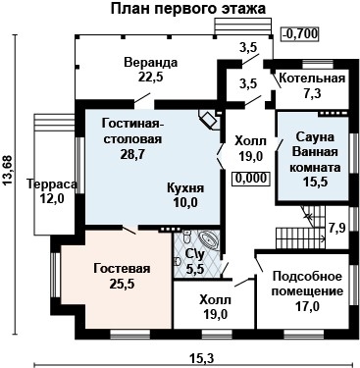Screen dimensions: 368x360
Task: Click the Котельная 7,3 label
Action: (311, 85)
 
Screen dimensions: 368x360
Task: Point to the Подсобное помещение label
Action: (307, 291)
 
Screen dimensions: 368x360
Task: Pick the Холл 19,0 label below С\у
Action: (215, 307)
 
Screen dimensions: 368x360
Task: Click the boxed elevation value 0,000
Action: (250, 179)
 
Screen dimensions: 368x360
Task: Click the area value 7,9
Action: (335, 228)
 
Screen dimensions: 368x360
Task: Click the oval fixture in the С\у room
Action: (206, 238)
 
